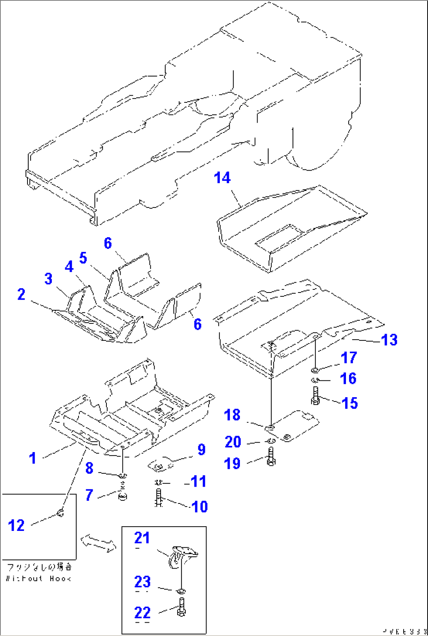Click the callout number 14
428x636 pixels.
(x=222, y=178)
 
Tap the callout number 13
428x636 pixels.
(x=389, y=340)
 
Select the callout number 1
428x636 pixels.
(x=33, y=458)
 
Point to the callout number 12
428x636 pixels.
(x=16, y=525)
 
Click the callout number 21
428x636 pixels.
(x=142, y=538)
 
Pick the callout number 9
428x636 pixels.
(x=201, y=449)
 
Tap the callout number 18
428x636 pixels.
(x=232, y=415)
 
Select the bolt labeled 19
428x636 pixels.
(x=271, y=456)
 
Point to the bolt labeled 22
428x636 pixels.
(x=181, y=607)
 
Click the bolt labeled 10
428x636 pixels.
(x=159, y=498)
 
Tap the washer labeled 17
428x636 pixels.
(x=315, y=369)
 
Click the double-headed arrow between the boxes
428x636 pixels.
(x=98, y=543)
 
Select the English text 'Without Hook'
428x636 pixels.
(x=38, y=578)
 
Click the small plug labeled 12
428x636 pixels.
(x=60, y=512)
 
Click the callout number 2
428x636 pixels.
(x=21, y=294)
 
